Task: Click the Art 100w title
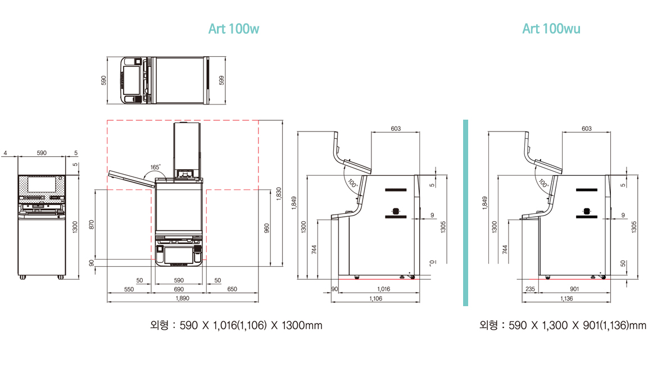pyautogui.click(x=234, y=29)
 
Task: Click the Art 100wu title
pyautogui.click(x=551, y=29)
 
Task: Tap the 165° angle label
pyautogui.click(x=156, y=167)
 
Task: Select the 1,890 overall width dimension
pyautogui.click(x=183, y=298)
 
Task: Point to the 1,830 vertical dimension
pyautogui.click(x=279, y=194)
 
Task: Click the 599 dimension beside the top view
pyautogui.click(x=221, y=80)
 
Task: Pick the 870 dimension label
pyautogui.click(x=92, y=225)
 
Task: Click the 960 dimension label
pyautogui.click(x=266, y=228)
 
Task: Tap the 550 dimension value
pyautogui.click(x=129, y=289)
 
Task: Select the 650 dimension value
pyautogui.click(x=232, y=289)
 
